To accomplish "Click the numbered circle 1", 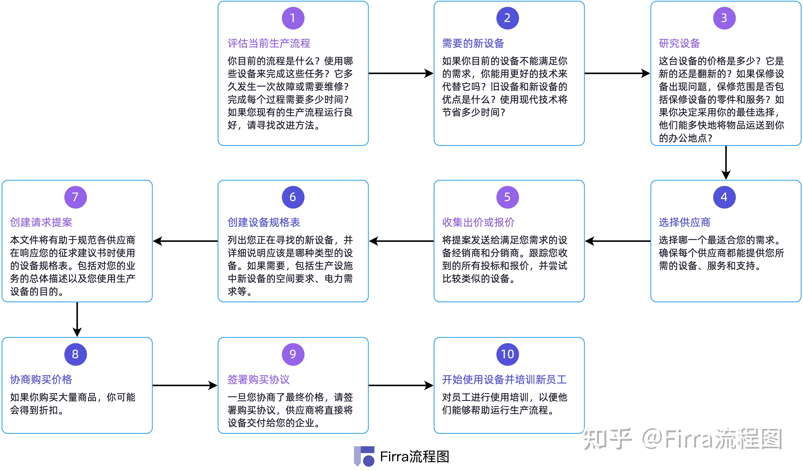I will point(293,18).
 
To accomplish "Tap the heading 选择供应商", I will point(685,222).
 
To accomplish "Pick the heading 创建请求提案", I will point(41,222).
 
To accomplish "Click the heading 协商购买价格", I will point(41,380).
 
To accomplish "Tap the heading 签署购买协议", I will point(258,380).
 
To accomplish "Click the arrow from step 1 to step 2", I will point(401,74).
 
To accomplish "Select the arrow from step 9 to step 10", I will point(401,386).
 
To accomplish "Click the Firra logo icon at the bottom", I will point(364,456).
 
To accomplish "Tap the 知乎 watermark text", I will point(607,439).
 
